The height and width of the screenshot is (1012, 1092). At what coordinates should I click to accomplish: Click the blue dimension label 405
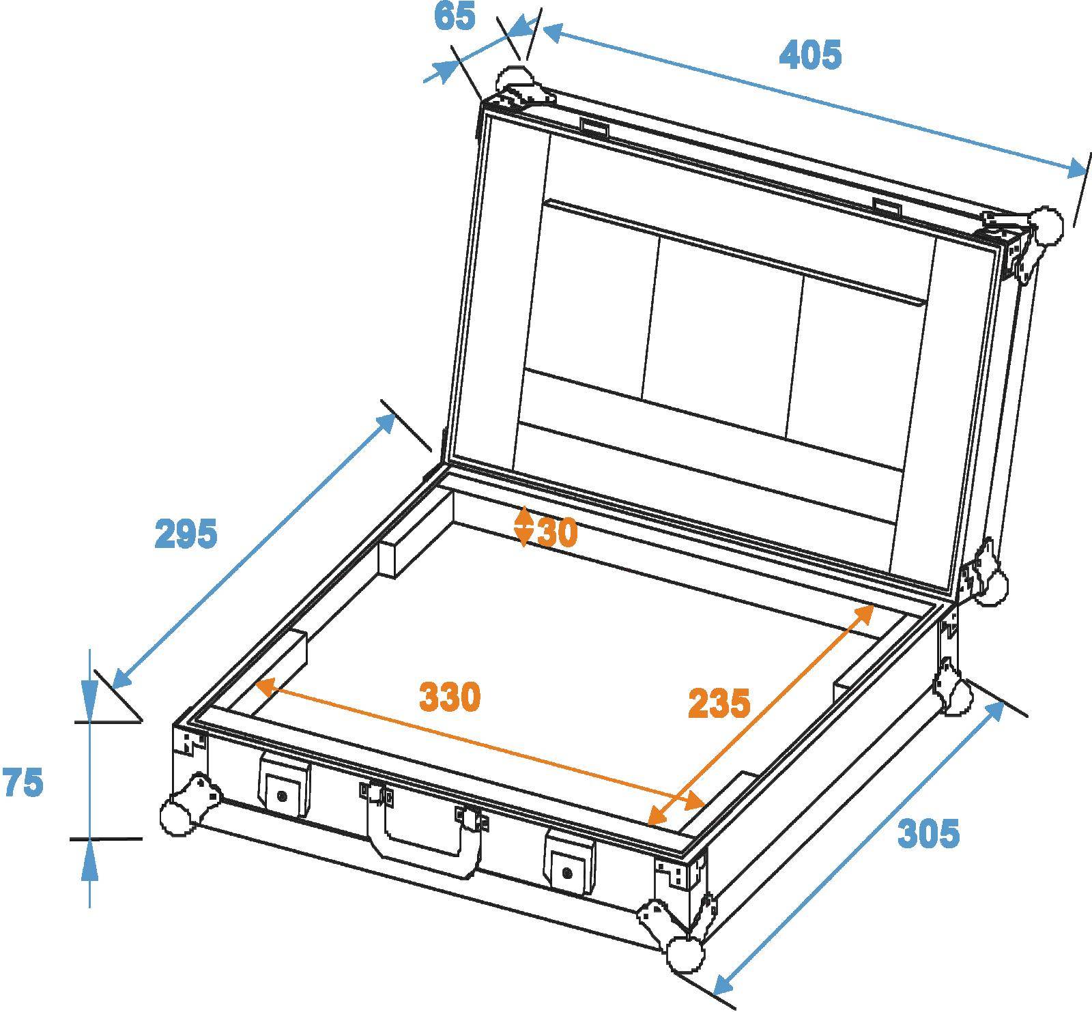pos(810,55)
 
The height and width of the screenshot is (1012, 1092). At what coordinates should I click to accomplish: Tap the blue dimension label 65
pos(455,16)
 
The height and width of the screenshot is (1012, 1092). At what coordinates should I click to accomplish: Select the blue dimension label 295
pos(186,534)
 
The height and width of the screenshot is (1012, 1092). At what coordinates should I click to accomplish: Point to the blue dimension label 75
pos(23,783)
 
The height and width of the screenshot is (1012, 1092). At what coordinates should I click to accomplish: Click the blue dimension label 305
pos(928,833)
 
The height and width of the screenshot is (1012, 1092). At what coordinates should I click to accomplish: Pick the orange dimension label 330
pos(450,697)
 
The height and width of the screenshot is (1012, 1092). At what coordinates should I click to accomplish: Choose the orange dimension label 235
pos(719,703)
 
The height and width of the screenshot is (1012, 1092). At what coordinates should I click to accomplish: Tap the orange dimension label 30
pos(558,532)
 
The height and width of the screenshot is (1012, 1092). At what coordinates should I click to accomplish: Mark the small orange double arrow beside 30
pos(523,526)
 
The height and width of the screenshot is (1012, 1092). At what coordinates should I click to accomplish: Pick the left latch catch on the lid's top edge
pos(594,127)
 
